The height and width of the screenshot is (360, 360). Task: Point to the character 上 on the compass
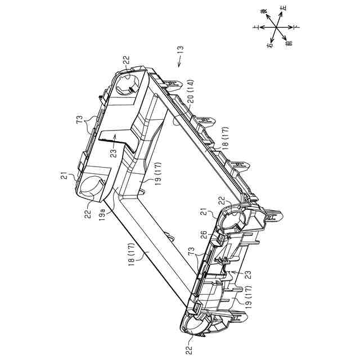(x=256, y=26)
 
